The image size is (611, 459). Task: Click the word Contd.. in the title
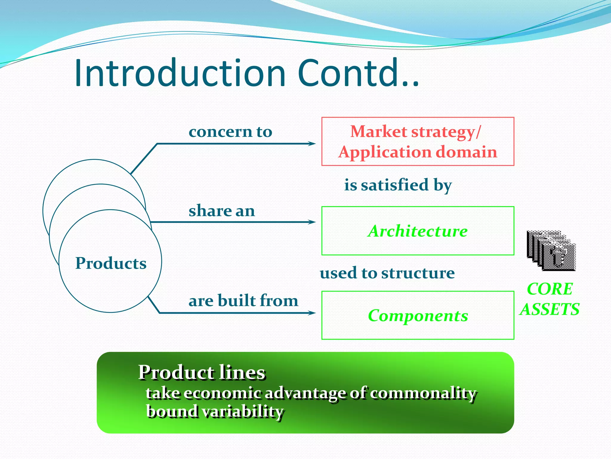pyautogui.click(x=358, y=73)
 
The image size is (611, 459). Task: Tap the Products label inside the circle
pyautogui.click(x=111, y=263)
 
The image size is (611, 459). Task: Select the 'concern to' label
pyautogui.click(x=230, y=131)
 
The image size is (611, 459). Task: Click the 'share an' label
pyautogui.click(x=222, y=211)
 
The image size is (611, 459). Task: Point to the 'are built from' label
pyautogui.click(x=243, y=300)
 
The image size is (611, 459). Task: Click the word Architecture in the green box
pyautogui.click(x=418, y=231)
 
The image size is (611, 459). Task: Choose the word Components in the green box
pyautogui.click(x=418, y=316)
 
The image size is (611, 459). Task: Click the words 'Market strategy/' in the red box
pyautogui.click(x=415, y=132)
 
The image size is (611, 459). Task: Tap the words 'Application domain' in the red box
pyautogui.click(x=418, y=152)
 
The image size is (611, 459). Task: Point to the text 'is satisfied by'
pyautogui.click(x=398, y=185)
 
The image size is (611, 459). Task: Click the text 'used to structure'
pyautogui.click(x=387, y=273)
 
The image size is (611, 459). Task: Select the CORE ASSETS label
pyautogui.click(x=550, y=299)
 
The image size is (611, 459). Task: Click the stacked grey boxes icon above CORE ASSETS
pyautogui.click(x=551, y=251)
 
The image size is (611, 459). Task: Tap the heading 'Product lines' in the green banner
pyautogui.click(x=202, y=372)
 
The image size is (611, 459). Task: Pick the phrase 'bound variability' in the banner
pyautogui.click(x=215, y=411)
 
